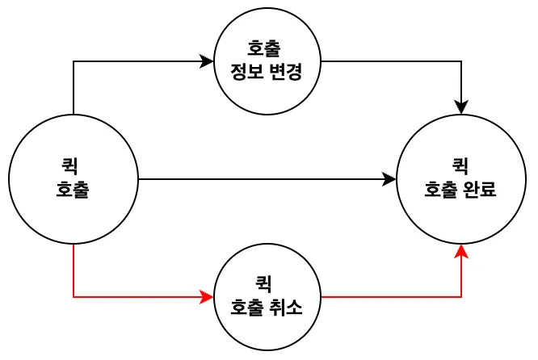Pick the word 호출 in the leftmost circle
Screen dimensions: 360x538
point(72,190)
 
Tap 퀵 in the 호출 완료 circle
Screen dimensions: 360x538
point(460,165)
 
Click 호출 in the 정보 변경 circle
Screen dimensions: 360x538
point(267,47)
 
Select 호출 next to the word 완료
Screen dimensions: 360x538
point(441,190)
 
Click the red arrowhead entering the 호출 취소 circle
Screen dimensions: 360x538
point(208,297)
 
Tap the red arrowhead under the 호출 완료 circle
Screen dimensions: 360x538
point(461,250)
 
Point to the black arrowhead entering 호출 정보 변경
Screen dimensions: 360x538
point(208,61)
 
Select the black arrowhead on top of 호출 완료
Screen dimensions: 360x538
point(461,108)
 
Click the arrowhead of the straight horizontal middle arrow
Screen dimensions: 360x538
point(391,179)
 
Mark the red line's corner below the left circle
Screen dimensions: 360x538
point(74,297)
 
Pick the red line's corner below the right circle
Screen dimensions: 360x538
point(461,297)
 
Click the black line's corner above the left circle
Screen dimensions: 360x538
point(74,61)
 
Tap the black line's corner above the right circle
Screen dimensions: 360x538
point(461,61)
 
